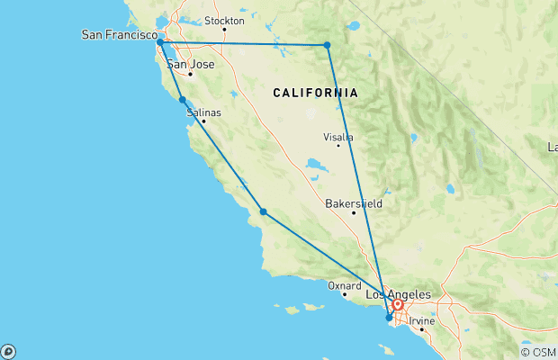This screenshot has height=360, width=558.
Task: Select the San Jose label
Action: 190,64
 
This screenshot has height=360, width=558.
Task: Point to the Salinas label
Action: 202,112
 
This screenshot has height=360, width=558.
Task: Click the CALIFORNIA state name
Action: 316,93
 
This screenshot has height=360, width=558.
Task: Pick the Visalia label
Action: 338,137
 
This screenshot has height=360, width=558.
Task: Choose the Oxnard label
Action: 344,285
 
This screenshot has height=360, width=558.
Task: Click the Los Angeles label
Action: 399,294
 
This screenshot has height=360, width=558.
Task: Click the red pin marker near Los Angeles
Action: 397,305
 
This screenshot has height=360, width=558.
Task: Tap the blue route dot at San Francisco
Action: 159,42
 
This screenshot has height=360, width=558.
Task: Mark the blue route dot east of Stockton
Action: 327,45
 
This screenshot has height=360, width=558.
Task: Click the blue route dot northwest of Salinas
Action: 183,100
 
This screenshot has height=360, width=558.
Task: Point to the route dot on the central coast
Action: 263,211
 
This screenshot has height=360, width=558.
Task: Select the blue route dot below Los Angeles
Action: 389,317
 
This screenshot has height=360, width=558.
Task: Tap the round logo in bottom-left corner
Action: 8,351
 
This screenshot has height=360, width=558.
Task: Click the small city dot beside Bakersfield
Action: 354,213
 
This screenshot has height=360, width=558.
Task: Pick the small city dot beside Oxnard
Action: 344,294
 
